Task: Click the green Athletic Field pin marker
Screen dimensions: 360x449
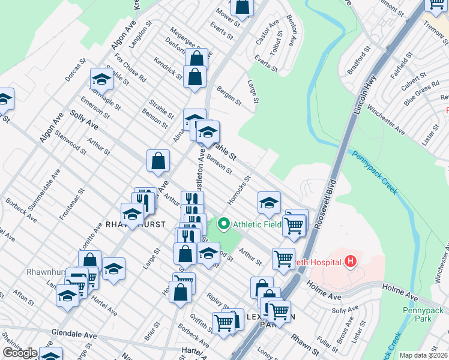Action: coord(224,224)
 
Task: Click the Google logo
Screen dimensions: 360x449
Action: coord(19,353)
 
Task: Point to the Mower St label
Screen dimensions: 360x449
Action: coord(228,19)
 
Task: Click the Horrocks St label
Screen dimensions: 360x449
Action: coord(240,189)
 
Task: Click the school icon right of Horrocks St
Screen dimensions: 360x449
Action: coord(270,203)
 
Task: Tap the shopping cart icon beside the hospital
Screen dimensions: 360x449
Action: coord(283,259)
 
